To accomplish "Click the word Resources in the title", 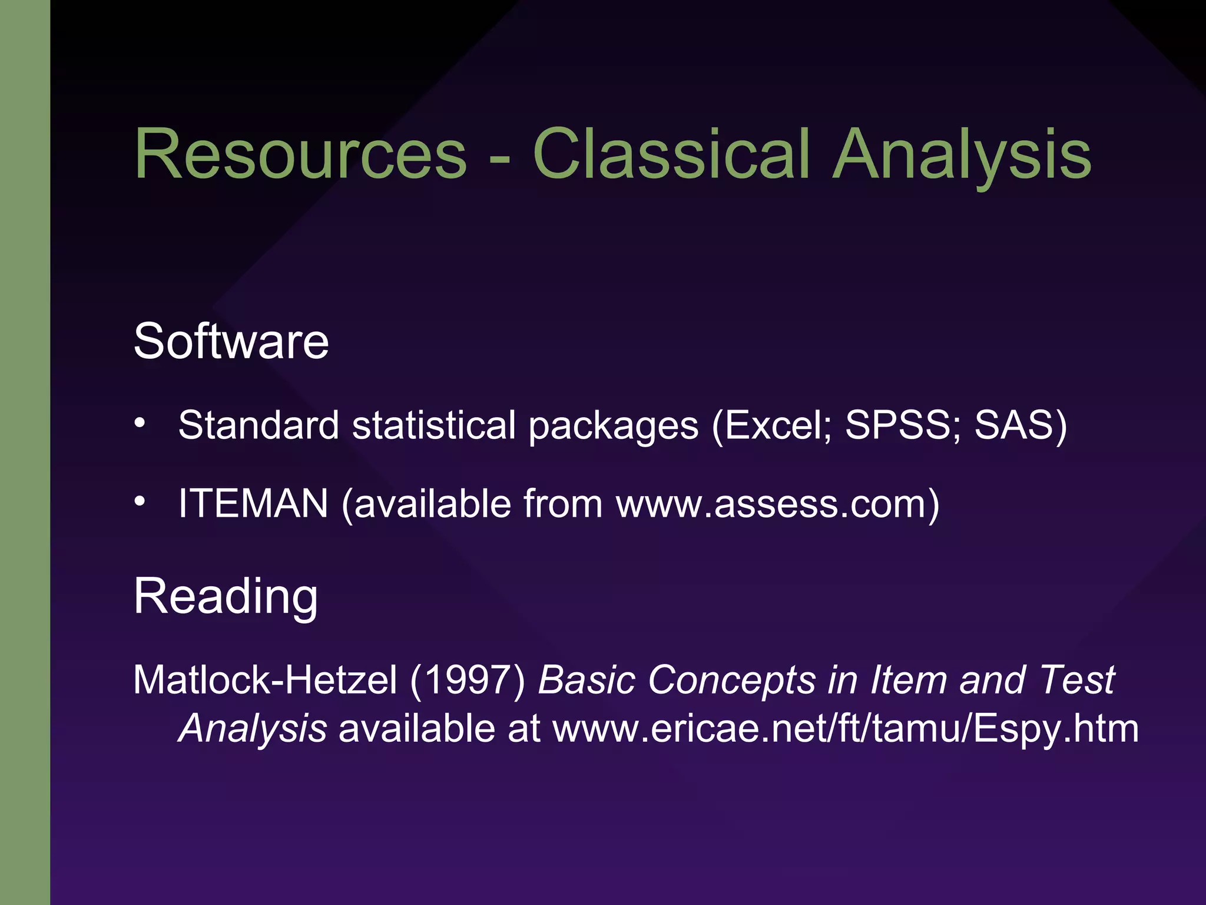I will tap(300, 154).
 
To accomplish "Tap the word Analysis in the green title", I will tap(962, 154).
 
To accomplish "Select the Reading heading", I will tap(226, 596).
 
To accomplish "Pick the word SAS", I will tap(1013, 425).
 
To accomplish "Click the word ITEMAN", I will tap(253, 504).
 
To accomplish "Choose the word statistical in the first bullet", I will tap(434, 425).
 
